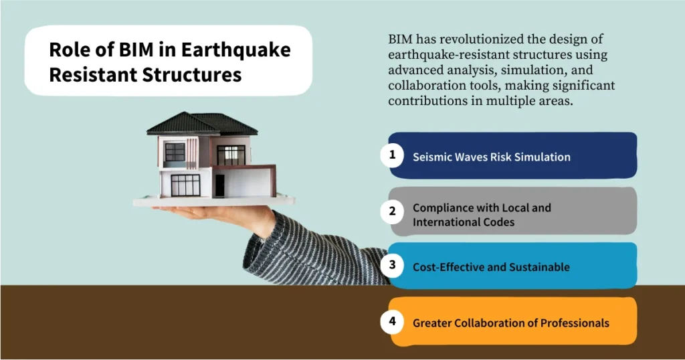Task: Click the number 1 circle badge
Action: [392, 156]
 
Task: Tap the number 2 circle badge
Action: [392, 211]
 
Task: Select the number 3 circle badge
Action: [392, 265]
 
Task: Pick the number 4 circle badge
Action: [392, 322]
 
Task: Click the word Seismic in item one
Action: [433, 157]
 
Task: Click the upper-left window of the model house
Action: [175, 152]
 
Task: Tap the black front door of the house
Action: [219, 185]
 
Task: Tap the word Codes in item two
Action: [498, 222]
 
